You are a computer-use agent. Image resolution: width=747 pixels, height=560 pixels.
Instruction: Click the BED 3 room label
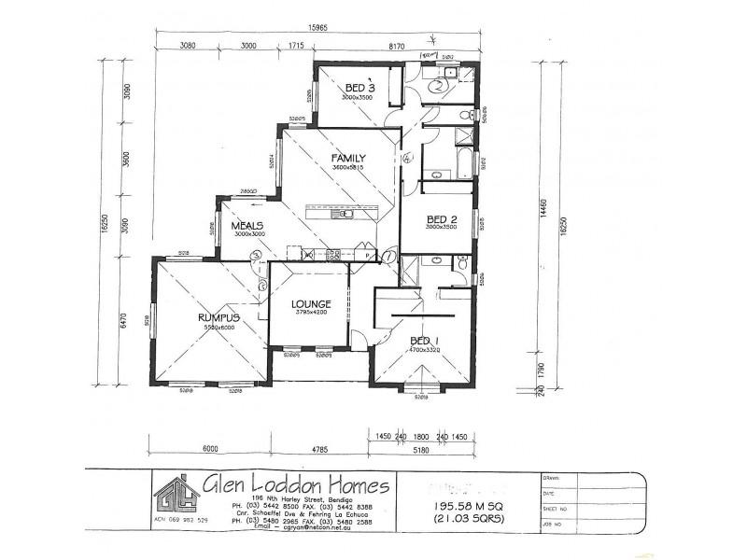point(359,88)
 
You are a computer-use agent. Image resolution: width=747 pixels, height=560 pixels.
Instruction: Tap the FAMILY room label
point(348,158)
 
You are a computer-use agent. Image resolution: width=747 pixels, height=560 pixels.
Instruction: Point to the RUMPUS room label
point(219,318)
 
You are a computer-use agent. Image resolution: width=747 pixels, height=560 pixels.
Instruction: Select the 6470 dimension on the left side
point(120,323)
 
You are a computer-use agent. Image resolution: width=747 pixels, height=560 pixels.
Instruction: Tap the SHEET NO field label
point(556,511)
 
